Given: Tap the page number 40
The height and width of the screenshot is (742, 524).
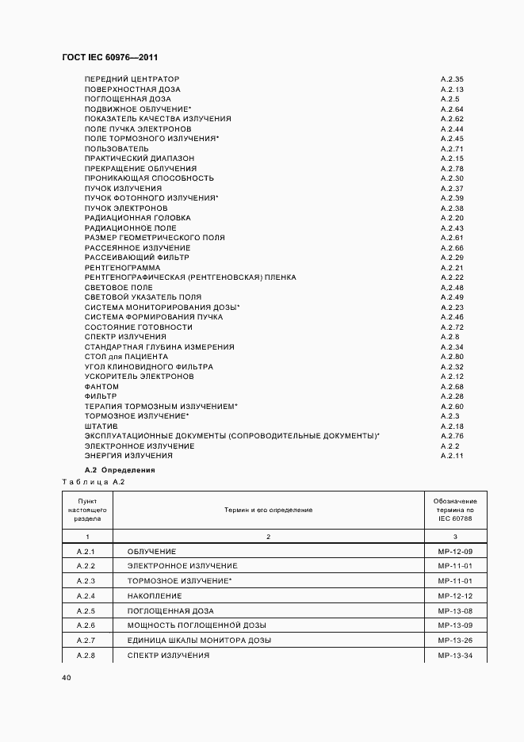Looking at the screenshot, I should point(67,678).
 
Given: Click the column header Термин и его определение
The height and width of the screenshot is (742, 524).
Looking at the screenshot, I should point(268,510).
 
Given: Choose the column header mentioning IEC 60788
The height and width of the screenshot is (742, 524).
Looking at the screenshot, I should point(455,510).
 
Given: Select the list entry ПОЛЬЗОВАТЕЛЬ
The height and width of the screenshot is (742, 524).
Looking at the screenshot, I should point(117,148).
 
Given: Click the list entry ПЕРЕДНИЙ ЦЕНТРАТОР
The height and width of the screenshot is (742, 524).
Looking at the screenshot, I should point(132,79).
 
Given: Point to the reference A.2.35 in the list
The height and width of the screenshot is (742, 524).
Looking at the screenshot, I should point(452,79).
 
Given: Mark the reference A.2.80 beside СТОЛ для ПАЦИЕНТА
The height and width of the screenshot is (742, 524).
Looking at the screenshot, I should point(452,357).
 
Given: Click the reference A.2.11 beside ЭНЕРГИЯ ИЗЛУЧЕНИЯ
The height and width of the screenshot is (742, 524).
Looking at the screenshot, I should point(452,456).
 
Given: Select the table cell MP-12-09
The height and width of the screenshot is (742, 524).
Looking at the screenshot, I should point(455,551).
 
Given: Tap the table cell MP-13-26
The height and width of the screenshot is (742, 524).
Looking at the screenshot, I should point(455,641).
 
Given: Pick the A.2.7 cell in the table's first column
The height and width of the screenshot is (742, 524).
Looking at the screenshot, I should point(86,641).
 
